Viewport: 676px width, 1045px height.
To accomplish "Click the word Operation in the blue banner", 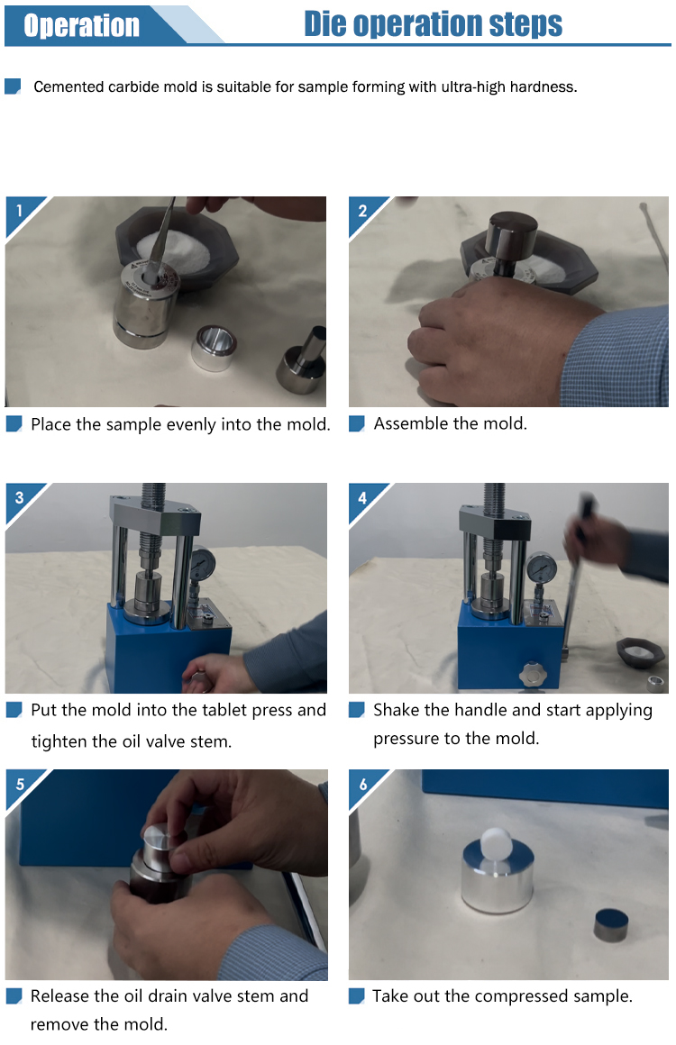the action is pyautogui.click(x=81, y=25).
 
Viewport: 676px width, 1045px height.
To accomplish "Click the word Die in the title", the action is pyautogui.click(x=324, y=24).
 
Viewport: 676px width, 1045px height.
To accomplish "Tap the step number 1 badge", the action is pyautogui.click(x=19, y=211).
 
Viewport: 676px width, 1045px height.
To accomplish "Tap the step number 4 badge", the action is pyautogui.click(x=362, y=498).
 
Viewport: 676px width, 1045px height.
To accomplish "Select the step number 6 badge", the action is pyautogui.click(x=363, y=785).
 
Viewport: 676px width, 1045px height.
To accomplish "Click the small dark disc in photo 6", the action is pyautogui.click(x=612, y=925).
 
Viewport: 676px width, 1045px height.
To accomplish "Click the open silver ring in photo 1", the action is pyautogui.click(x=214, y=347).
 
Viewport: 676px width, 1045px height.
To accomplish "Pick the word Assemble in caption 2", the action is pyautogui.click(x=406, y=424).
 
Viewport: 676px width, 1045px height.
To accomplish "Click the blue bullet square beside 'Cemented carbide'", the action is pyautogui.click(x=13, y=86).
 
